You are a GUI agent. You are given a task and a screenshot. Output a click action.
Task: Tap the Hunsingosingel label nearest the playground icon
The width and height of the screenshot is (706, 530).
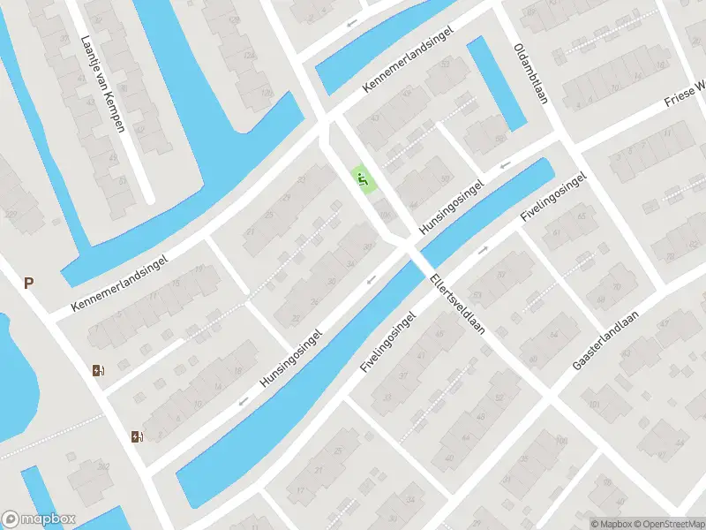click(x=453, y=208)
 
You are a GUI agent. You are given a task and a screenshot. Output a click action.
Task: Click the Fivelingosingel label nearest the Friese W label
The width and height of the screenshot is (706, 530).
click(x=553, y=196)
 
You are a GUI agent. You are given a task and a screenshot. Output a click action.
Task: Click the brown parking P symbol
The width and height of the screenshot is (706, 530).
click(x=29, y=284)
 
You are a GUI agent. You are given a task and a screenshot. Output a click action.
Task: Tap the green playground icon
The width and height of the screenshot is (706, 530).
click(x=363, y=179)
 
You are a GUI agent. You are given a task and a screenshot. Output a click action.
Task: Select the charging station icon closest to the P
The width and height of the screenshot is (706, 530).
click(x=97, y=371)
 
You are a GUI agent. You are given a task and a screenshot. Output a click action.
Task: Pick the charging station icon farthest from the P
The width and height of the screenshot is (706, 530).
click(x=136, y=436)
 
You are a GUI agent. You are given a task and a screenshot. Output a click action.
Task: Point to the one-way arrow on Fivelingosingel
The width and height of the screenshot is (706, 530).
click(x=483, y=250)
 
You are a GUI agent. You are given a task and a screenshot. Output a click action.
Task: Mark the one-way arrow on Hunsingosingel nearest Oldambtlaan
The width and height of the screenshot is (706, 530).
click(x=505, y=164)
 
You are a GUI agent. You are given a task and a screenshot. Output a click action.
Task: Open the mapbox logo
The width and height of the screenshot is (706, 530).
click(x=39, y=519)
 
